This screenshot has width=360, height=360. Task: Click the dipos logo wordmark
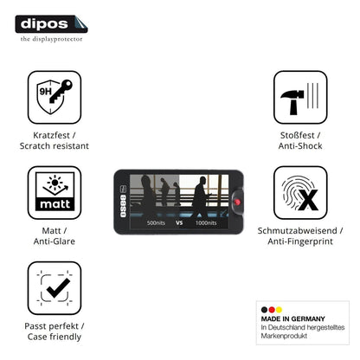click(44, 23)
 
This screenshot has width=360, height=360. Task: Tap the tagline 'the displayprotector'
click(51, 39)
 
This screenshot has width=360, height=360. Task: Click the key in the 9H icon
click(61, 91)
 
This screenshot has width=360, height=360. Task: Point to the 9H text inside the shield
click(46, 92)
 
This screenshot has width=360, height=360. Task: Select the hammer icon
click(292, 101)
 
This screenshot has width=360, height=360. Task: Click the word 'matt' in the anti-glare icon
click(55, 204)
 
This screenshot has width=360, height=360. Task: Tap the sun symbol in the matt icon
click(55, 182)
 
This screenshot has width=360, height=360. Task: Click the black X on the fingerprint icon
click(308, 200)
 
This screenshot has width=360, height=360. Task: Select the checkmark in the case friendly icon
click(58, 288)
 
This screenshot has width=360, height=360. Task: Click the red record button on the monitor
click(237, 202)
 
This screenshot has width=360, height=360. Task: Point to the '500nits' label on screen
click(156, 222)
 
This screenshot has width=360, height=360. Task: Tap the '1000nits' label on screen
click(206, 222)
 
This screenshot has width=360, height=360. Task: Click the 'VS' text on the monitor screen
click(179, 222)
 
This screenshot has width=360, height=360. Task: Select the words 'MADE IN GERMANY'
click(293, 318)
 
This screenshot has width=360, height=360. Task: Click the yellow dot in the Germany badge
click(279, 310)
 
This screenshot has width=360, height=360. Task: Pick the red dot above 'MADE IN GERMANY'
click(272, 310)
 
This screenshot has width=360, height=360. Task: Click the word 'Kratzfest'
click(51, 135)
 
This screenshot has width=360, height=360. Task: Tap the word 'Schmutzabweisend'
click(297, 230)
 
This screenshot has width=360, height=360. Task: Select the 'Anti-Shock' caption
click(300, 145)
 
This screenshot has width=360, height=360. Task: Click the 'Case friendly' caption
click(55, 337)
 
